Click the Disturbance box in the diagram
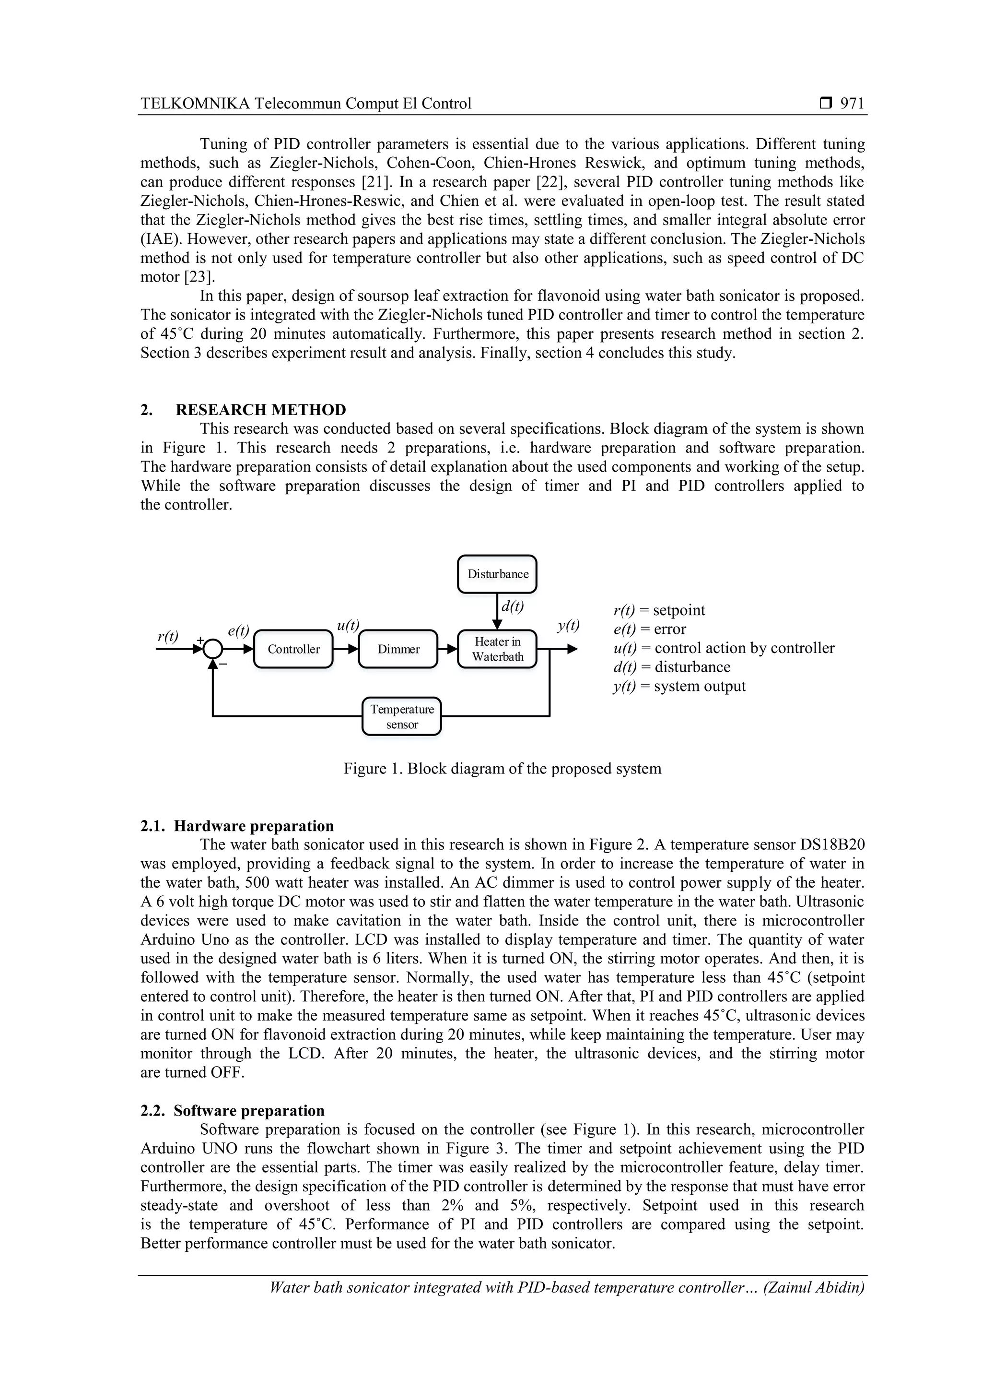(x=497, y=574)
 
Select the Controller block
(x=293, y=649)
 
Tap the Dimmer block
(x=398, y=649)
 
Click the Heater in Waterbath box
(x=497, y=649)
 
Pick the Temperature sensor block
(x=402, y=716)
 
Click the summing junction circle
(x=212, y=649)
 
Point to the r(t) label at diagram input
(x=168, y=636)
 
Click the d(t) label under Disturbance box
(x=513, y=606)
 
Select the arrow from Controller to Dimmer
(x=346, y=649)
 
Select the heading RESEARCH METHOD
(x=261, y=410)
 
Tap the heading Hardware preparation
(x=254, y=826)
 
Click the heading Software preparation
(x=249, y=1110)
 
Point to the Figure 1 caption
(x=502, y=768)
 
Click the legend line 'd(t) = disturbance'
(x=672, y=667)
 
